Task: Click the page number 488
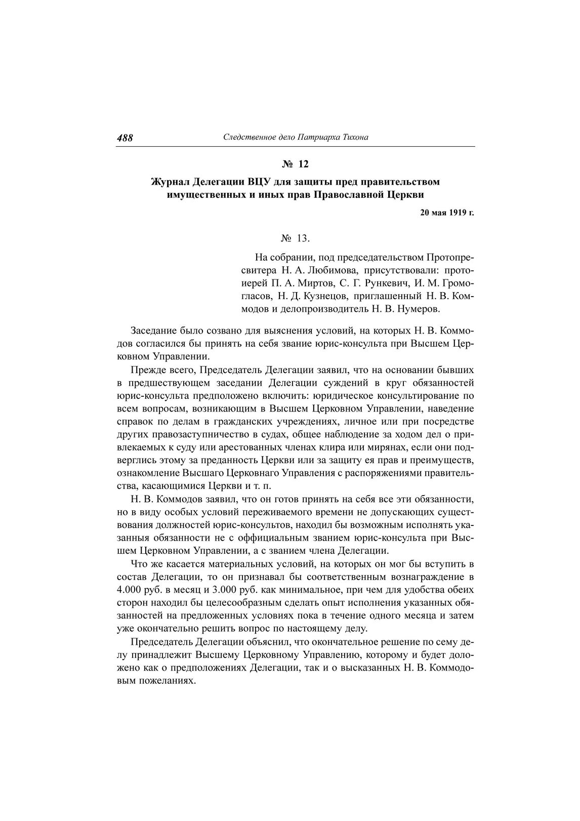click(125, 138)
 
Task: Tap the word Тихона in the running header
click(354, 137)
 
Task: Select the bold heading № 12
click(295, 164)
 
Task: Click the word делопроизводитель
click(336, 308)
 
